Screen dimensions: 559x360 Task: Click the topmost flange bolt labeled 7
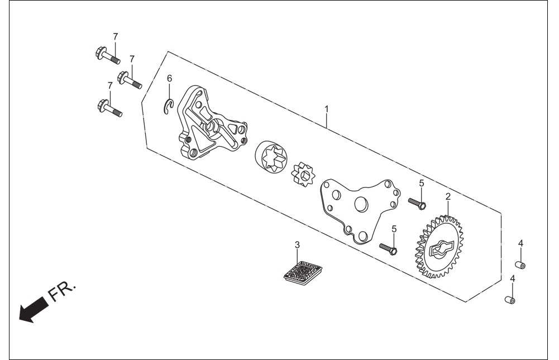pos(108,56)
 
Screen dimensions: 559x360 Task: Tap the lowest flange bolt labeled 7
pos(109,108)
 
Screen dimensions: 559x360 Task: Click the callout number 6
pos(169,78)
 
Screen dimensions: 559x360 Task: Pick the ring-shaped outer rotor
pos(271,158)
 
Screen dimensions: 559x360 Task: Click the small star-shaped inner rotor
pos(303,174)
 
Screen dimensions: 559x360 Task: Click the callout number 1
pos(326,108)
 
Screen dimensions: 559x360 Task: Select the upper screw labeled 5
pos(417,203)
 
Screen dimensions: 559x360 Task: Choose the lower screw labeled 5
pos(388,248)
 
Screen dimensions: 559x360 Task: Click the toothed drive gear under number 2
pos(439,247)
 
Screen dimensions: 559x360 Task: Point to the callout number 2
pos(448,196)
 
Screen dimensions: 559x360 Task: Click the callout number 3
pos(297,245)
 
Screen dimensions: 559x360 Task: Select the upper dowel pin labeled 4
pos(520,265)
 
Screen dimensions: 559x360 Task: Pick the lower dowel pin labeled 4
pos(510,300)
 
